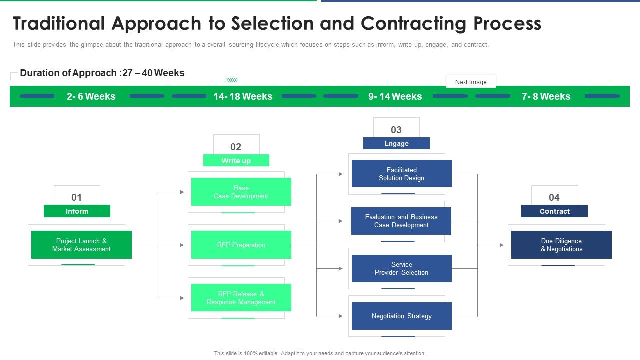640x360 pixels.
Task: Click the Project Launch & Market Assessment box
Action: pyautogui.click(x=81, y=245)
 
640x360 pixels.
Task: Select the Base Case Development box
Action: pyautogui.click(x=241, y=192)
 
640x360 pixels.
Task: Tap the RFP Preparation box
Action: pyautogui.click(x=241, y=245)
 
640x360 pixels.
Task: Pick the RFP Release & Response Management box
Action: pyautogui.click(x=241, y=298)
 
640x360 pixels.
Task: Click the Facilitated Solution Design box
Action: pyautogui.click(x=401, y=174)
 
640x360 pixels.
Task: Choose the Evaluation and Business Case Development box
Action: pyautogui.click(x=401, y=221)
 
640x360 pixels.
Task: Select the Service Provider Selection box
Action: pyautogui.click(x=401, y=268)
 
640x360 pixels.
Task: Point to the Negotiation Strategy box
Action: pyautogui.click(x=401, y=316)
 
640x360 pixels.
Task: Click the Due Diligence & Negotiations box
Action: pyautogui.click(x=561, y=245)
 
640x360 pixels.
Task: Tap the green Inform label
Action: pyautogui.click(x=77, y=211)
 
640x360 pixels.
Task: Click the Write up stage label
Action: pyautogui.click(x=236, y=161)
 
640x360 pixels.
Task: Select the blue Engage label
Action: pyautogui.click(x=396, y=143)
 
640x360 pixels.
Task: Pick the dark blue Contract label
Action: pyautogui.click(x=554, y=211)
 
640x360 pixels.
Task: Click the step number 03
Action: pyautogui.click(x=396, y=130)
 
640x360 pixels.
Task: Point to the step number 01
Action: pyautogui.click(x=76, y=197)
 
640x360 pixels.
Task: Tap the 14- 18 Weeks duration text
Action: pyautogui.click(x=243, y=96)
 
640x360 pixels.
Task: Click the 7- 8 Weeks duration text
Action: pyautogui.click(x=546, y=96)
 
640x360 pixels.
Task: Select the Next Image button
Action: pyautogui.click(x=470, y=82)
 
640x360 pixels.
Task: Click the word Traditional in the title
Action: pyautogui.click(x=59, y=23)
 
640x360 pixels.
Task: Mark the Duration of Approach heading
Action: pyautogui.click(x=102, y=73)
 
